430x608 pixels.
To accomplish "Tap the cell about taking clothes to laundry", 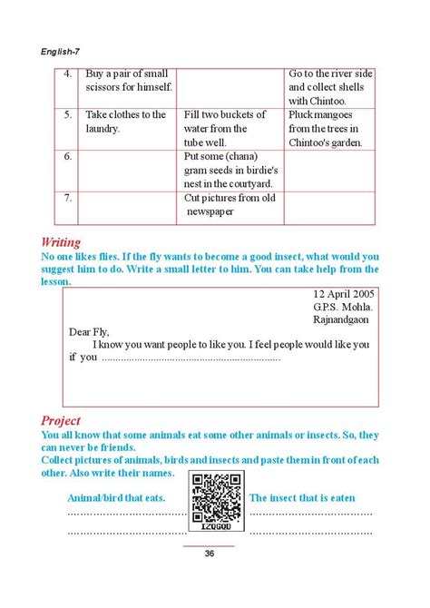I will tap(126, 122).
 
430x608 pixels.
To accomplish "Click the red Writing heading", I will tap(61, 242).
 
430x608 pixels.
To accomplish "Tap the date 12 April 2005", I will tap(342, 294).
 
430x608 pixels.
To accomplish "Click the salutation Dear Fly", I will tap(89, 332).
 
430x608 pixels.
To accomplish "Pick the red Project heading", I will tap(61, 420).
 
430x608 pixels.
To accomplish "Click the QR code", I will tap(215, 500).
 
